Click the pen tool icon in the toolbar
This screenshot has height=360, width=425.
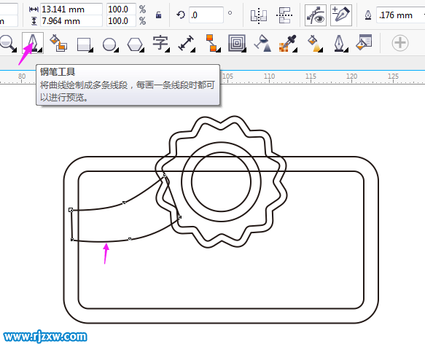coord(33,43)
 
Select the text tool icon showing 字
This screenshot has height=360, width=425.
coord(160,43)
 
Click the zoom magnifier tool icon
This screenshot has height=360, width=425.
coord(7,43)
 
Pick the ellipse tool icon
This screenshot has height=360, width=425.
coord(109,44)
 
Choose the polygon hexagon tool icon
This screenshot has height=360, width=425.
coord(135,44)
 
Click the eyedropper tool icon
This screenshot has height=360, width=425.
coord(287,43)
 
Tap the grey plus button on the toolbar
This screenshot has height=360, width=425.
coord(400,43)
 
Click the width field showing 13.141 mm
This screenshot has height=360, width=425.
coord(71,9)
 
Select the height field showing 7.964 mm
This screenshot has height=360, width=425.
coord(71,21)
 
